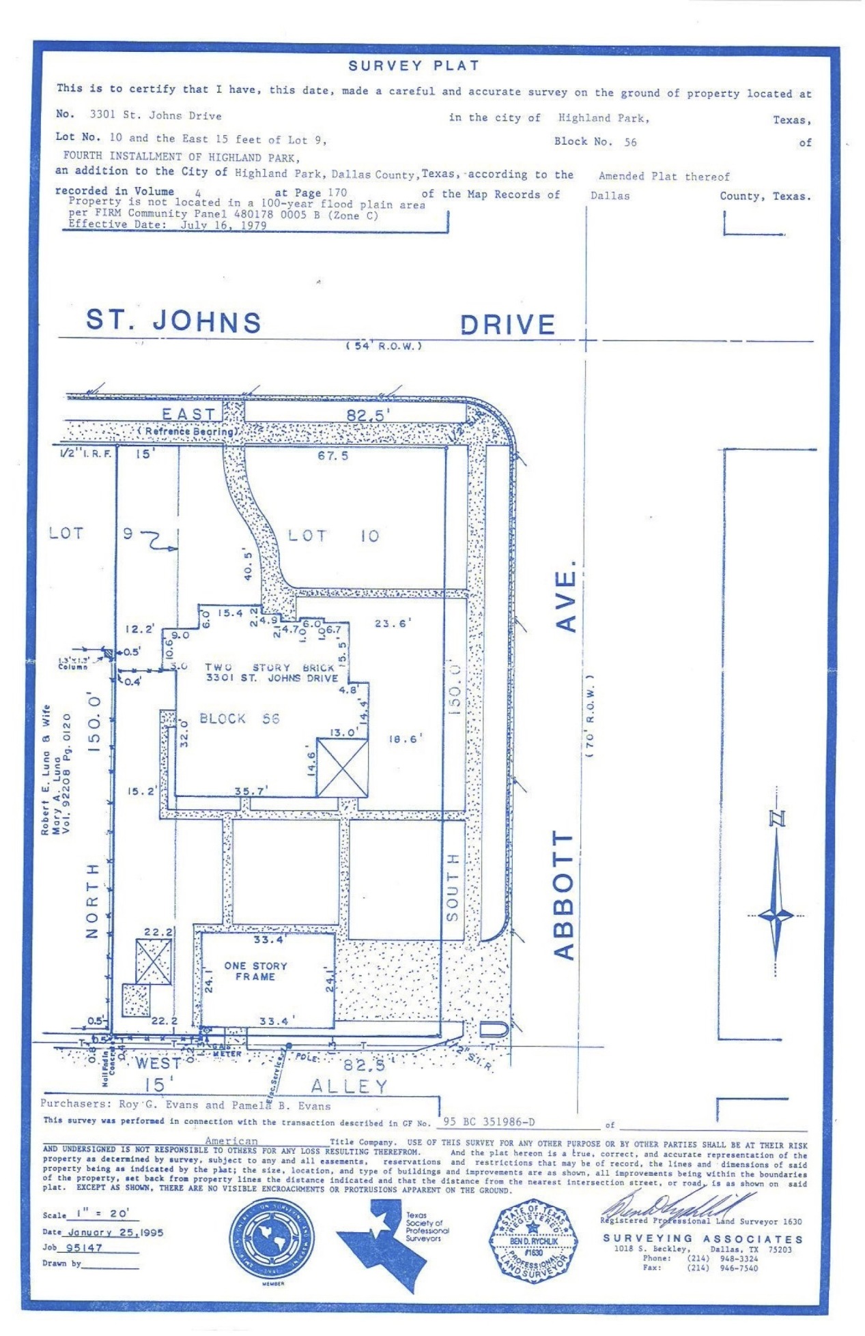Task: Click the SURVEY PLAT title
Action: click(414, 66)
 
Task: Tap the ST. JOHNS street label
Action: click(173, 321)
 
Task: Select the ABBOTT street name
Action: click(564, 895)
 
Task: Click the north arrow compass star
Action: click(776, 914)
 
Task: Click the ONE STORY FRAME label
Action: click(256, 971)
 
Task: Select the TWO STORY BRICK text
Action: click(270, 667)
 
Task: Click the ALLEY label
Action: click(349, 1086)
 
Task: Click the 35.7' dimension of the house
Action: click(251, 791)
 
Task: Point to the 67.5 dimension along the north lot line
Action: click(332, 455)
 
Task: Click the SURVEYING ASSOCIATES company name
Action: click(703, 1238)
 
